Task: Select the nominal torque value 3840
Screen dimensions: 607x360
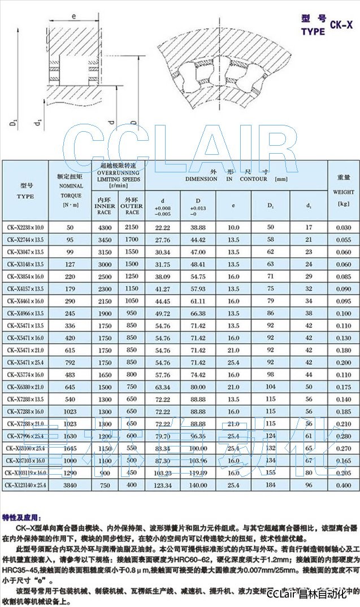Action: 70,485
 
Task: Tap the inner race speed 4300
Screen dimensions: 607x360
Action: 106,227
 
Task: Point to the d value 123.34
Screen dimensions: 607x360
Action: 162,485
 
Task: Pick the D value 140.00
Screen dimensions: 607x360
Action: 198,485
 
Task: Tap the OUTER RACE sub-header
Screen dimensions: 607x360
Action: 132,206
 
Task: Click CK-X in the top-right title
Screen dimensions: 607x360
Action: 342,25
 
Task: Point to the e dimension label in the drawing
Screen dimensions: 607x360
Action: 74,18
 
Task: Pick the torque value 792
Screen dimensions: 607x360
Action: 70,362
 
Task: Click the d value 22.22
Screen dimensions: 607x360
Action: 162,227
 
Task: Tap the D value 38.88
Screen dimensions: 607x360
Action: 198,227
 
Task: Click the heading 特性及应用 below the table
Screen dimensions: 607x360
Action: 23,517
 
